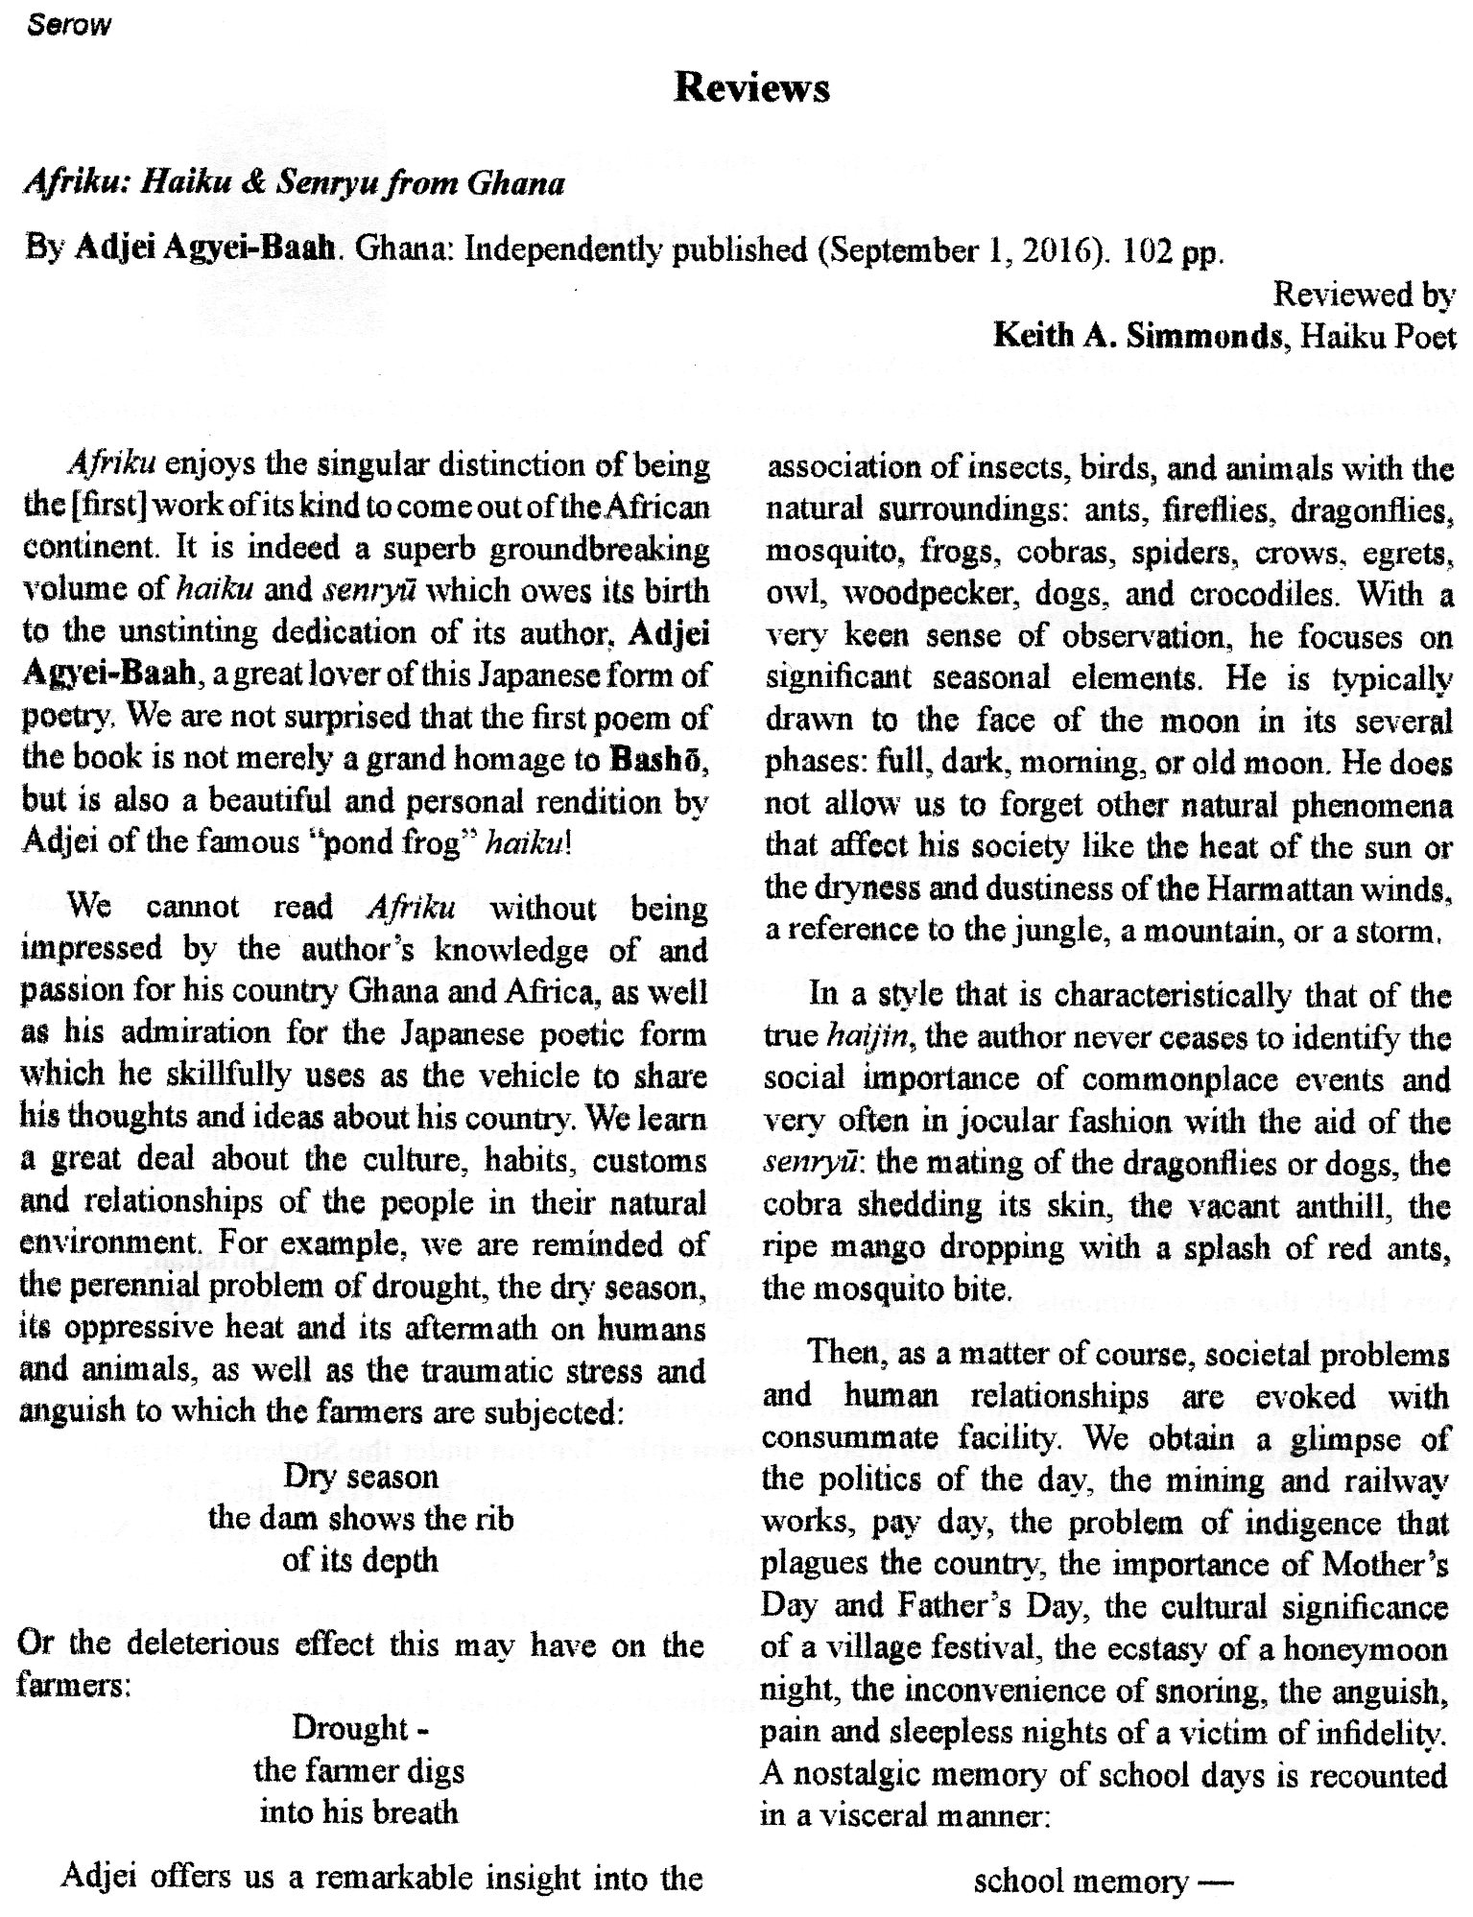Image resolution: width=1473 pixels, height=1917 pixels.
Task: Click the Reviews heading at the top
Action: pyautogui.click(x=751, y=88)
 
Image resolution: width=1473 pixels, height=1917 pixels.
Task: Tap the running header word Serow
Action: pyautogui.click(x=69, y=26)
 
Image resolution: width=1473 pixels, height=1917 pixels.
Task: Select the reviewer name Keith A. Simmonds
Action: pyautogui.click(x=1137, y=336)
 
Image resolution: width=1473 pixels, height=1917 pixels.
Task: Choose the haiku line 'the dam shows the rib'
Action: pyautogui.click(x=361, y=1519)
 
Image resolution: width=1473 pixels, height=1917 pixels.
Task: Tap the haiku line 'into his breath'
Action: pyautogui.click(x=360, y=1812)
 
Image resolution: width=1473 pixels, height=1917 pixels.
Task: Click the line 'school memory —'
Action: pyautogui.click(x=1102, y=1881)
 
